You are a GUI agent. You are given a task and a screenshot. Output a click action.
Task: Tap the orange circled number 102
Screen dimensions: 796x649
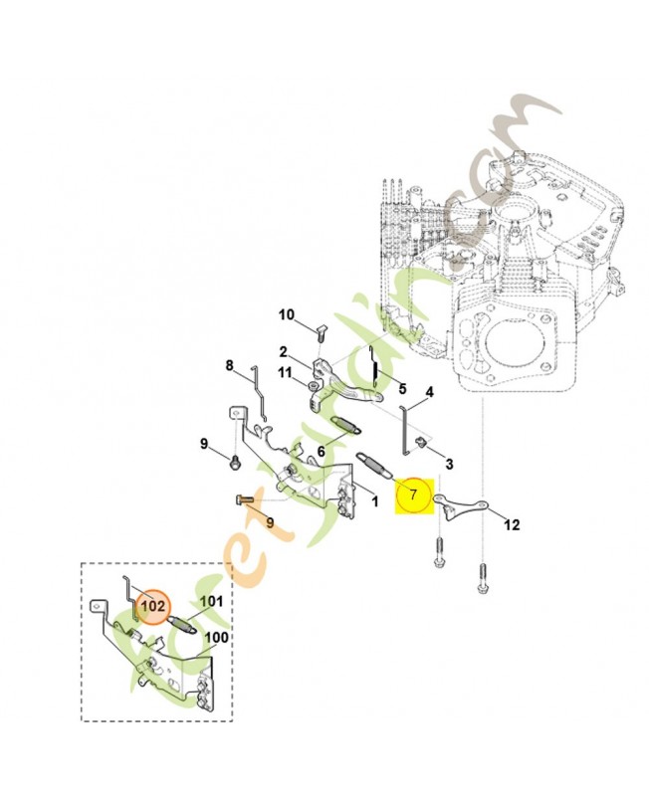(152, 605)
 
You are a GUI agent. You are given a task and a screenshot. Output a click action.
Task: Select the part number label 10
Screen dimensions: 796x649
(287, 315)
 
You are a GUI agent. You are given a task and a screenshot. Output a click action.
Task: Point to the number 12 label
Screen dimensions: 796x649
(511, 524)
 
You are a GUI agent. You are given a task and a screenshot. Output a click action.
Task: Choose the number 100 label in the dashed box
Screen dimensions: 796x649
(216, 637)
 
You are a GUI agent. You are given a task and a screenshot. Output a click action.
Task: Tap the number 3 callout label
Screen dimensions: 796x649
(449, 464)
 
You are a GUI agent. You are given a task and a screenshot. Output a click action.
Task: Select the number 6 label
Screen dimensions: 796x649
(322, 451)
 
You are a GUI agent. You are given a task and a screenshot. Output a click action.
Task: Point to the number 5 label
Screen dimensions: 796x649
(403, 388)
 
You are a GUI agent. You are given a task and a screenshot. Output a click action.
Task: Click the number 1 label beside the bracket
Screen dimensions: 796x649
(375, 502)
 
